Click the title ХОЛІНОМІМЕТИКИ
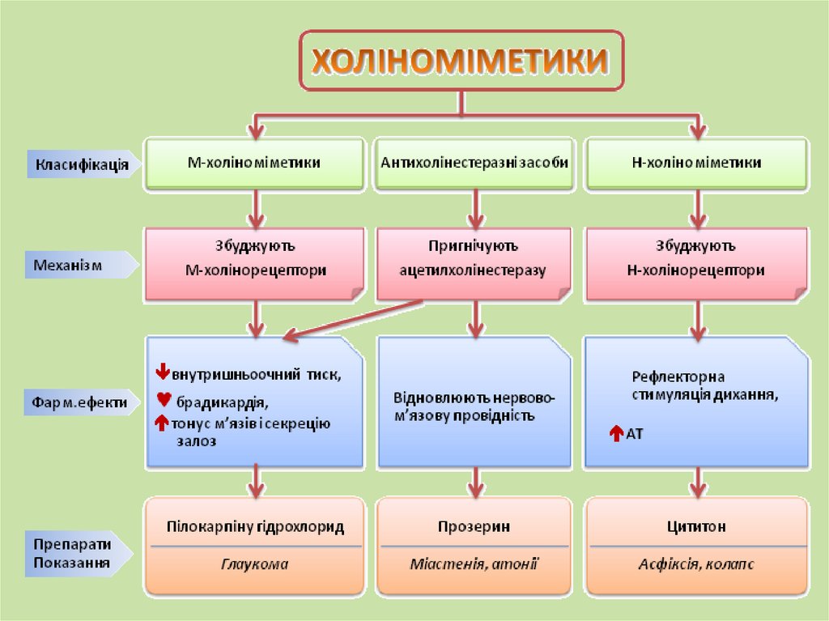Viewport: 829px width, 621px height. coord(461,62)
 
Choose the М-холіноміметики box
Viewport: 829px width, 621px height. coord(253,164)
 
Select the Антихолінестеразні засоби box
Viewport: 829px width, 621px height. coord(474,164)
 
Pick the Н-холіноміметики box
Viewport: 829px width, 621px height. coord(695,164)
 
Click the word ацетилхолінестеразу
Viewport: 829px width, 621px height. coord(473,271)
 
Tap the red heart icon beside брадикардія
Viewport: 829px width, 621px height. coord(162,399)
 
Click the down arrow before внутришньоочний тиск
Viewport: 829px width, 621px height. coord(161,373)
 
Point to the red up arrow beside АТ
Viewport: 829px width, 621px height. coord(614,435)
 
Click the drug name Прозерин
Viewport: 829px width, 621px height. coord(474,527)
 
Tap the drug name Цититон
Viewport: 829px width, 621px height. coord(695,527)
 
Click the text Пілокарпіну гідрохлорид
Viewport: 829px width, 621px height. coord(254,527)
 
